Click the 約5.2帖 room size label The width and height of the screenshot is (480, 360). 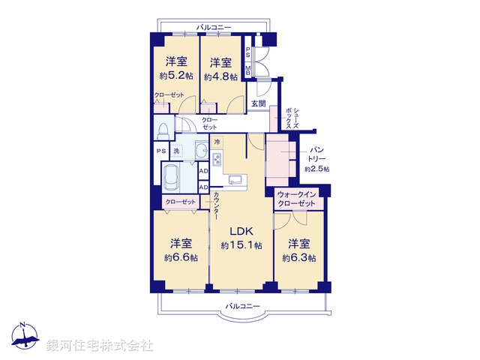pos(177,76)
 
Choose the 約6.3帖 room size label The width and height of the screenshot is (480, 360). pos(299,257)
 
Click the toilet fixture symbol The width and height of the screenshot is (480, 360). pos(163,130)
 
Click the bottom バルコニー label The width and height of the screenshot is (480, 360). pos(241,306)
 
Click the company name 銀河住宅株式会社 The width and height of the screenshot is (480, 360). pos(100,346)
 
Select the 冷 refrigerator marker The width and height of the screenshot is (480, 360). pos(217,142)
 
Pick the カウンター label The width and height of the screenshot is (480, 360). pos(217,205)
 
